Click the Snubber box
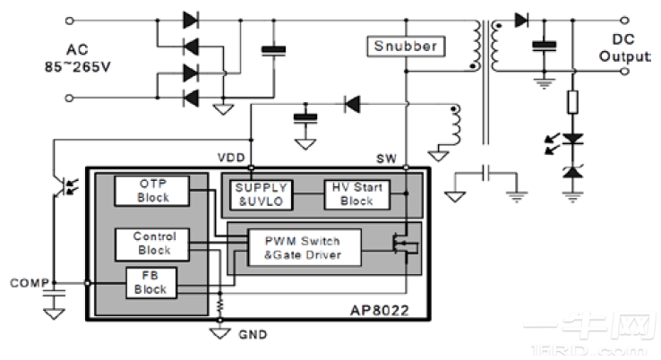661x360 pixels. pos(406,46)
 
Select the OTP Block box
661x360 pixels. pos(152,190)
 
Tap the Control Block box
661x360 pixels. pos(152,242)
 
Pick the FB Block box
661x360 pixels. pos(152,282)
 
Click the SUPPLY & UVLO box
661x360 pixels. pos(261,194)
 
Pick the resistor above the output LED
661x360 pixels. pos(571,100)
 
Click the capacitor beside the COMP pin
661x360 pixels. pos(53,294)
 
